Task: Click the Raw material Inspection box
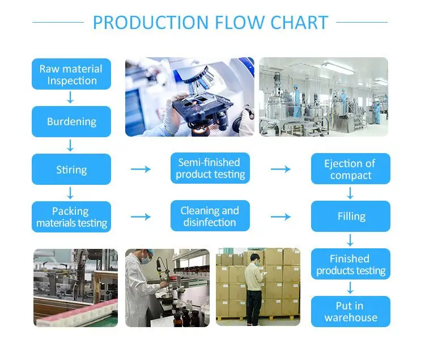click(71, 74)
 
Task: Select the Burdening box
click(71, 121)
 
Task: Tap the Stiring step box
click(71, 169)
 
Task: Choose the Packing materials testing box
click(71, 217)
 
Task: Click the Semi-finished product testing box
click(210, 168)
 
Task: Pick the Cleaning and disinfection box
click(210, 216)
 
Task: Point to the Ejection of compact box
click(350, 169)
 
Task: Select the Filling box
click(350, 216)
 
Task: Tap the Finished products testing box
click(350, 264)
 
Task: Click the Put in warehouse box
click(350, 311)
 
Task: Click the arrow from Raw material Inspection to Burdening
click(70, 98)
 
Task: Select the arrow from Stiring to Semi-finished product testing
click(141, 169)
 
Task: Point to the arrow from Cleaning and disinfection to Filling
click(280, 217)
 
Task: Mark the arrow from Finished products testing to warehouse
click(350, 287)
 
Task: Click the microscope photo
click(190, 96)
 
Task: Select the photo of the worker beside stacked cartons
click(258, 287)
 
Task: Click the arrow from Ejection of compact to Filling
click(350, 192)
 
